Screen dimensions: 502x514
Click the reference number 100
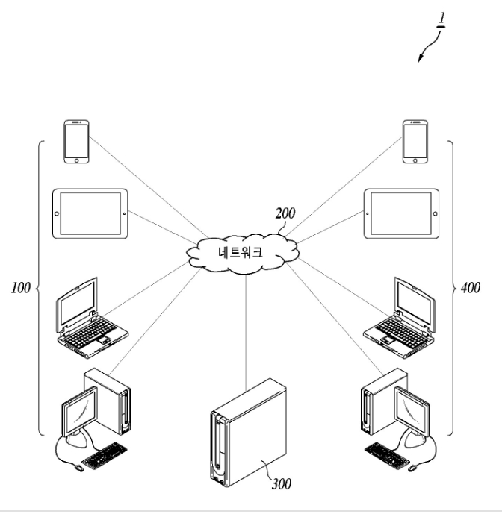pos(21,287)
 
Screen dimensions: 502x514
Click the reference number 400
pos(471,287)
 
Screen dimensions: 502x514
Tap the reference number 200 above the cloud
pos(285,213)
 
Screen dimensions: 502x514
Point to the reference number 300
pos(282,484)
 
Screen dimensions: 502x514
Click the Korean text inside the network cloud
pos(241,252)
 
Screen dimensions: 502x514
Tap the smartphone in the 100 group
pos(76,142)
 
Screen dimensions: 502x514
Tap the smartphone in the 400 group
pos(415,142)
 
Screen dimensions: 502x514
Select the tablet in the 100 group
pos(90,213)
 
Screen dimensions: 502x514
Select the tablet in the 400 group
pos(402,213)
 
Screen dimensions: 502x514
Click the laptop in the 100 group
pos(93,317)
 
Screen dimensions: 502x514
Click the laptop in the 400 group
pos(399,317)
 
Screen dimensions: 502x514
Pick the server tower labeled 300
pos(248,433)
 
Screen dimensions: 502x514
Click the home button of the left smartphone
pos(76,160)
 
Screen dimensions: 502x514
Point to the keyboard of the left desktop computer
pos(105,456)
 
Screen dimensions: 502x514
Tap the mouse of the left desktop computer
pos(78,468)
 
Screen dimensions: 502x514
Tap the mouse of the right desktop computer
pos(412,468)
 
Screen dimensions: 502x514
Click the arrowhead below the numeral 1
pos(420,58)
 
